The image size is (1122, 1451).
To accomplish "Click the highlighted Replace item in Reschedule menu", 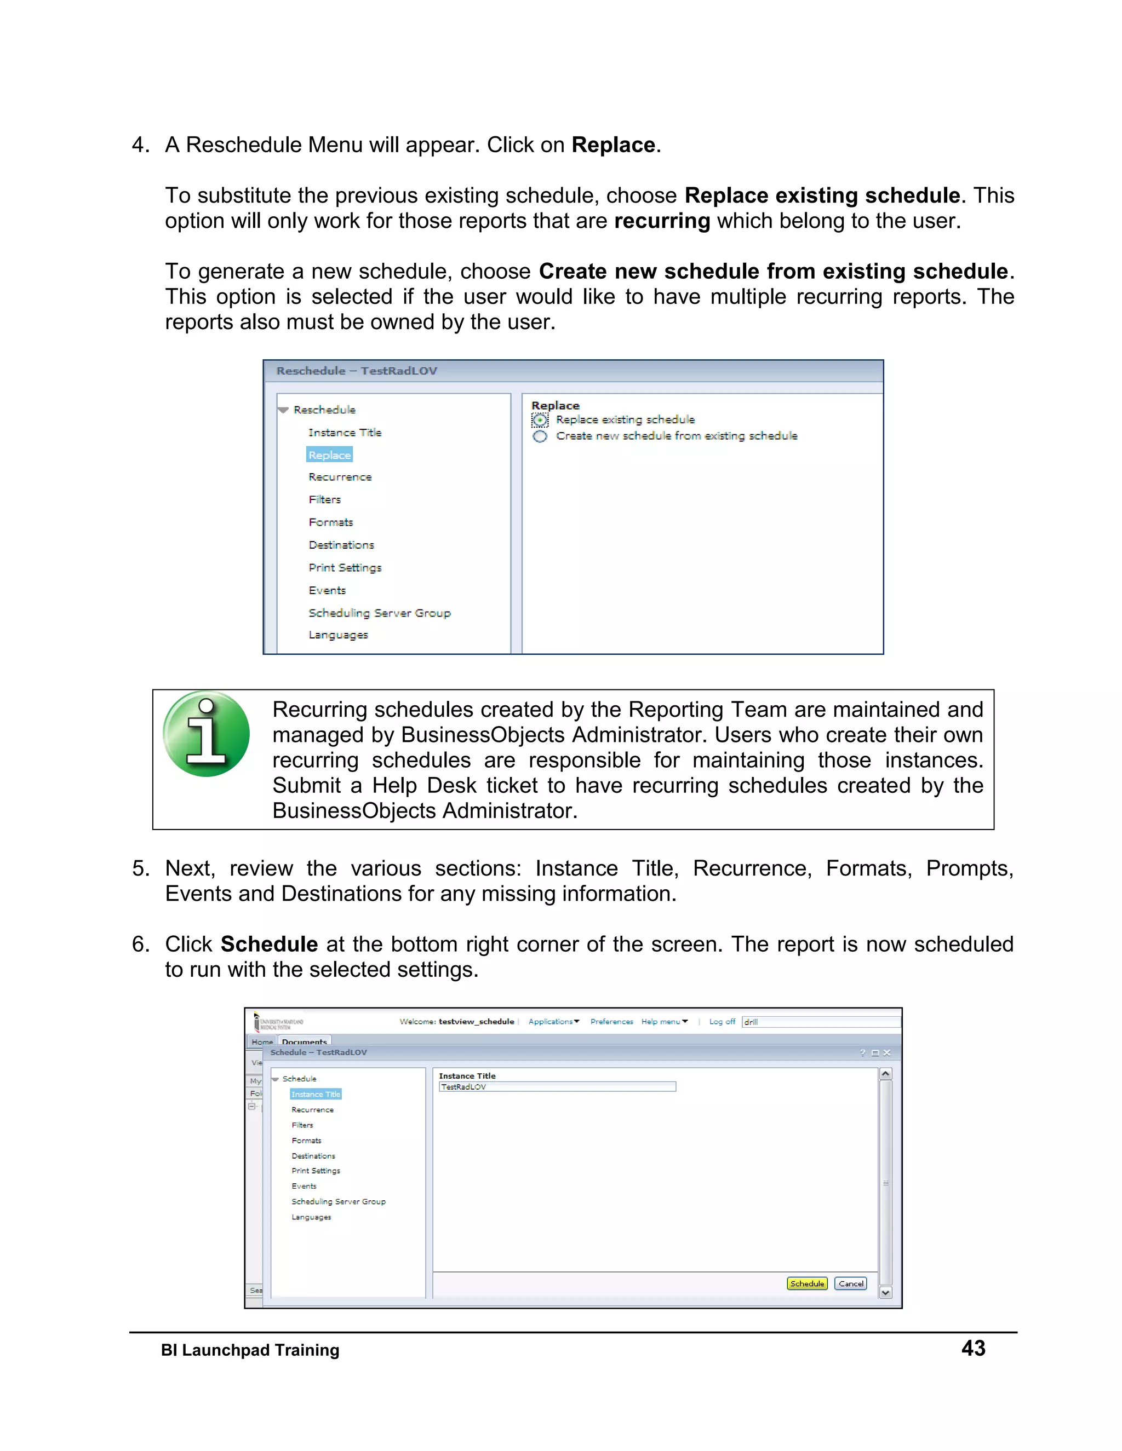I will click(329, 455).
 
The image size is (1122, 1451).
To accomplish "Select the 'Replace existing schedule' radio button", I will click(540, 420).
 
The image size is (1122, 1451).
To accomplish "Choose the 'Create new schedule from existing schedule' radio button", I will click(540, 436).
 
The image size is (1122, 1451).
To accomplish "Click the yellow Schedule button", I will click(807, 1283).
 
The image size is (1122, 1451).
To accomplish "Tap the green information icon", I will click(206, 734).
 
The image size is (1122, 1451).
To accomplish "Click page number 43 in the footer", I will click(973, 1348).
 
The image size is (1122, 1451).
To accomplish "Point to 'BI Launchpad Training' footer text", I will click(250, 1350).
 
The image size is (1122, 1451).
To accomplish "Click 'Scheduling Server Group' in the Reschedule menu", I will click(379, 613).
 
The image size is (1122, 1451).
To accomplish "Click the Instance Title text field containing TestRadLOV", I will click(557, 1087).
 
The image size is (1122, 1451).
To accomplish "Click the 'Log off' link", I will click(722, 1022).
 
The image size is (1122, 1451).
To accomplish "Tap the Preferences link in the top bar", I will click(611, 1022).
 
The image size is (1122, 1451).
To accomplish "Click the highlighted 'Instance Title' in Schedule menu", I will click(315, 1094).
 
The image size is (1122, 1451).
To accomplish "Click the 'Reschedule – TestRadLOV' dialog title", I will click(357, 371).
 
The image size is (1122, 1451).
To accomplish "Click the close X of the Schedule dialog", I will click(887, 1053).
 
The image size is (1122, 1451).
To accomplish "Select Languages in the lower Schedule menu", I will click(311, 1217).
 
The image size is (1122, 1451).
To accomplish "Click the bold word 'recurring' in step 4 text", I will click(662, 221).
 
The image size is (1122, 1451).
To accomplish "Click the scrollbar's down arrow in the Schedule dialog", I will click(885, 1293).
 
